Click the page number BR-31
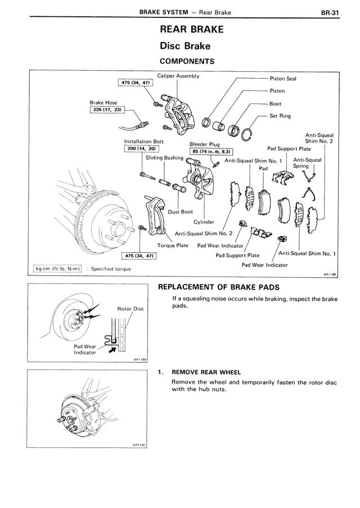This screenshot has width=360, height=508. tap(330, 12)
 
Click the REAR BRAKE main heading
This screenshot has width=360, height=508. tap(192, 29)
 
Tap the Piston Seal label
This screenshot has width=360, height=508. tap(283, 79)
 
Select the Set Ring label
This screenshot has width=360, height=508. tap(280, 116)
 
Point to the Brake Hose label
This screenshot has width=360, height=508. tap(103, 102)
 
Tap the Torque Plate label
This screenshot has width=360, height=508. tap(173, 245)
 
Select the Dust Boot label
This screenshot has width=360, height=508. tap(181, 212)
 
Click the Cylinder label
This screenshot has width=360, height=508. tap(204, 222)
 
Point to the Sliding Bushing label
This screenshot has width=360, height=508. tap(164, 158)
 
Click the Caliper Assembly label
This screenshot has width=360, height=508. tap(178, 76)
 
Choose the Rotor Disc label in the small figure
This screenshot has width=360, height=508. tap(130, 309)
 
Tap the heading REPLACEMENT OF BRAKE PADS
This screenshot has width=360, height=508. tap(218, 287)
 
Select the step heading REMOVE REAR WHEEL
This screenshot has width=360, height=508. tap(206, 372)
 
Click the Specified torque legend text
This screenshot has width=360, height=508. tap(111, 269)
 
